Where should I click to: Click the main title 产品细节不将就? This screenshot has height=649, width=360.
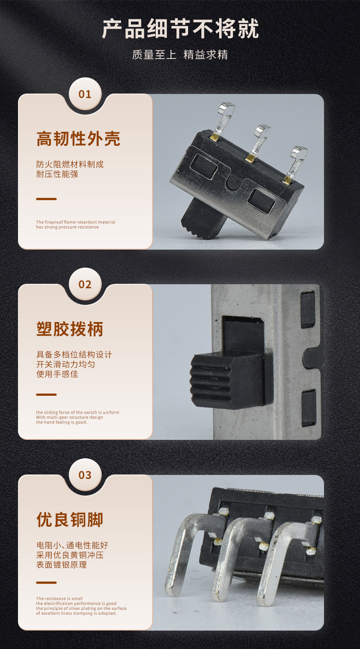[180, 29]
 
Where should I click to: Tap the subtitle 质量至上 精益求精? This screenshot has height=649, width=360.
[180, 55]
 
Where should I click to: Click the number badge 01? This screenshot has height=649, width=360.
[85, 94]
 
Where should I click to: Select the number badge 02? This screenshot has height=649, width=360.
[85, 285]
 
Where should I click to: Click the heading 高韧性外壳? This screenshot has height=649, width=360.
[78, 139]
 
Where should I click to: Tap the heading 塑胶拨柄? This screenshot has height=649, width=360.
[70, 329]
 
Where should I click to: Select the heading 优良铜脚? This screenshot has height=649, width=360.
[70, 519]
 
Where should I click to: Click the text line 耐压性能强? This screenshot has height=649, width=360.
[57, 174]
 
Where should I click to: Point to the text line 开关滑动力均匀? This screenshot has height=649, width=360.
[66, 364]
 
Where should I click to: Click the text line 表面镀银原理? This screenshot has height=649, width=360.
[62, 564]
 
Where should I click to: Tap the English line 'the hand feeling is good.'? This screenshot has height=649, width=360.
[62, 422]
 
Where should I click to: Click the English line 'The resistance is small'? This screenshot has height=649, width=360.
[59, 599]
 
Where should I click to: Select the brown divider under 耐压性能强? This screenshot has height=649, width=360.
[46, 199]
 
